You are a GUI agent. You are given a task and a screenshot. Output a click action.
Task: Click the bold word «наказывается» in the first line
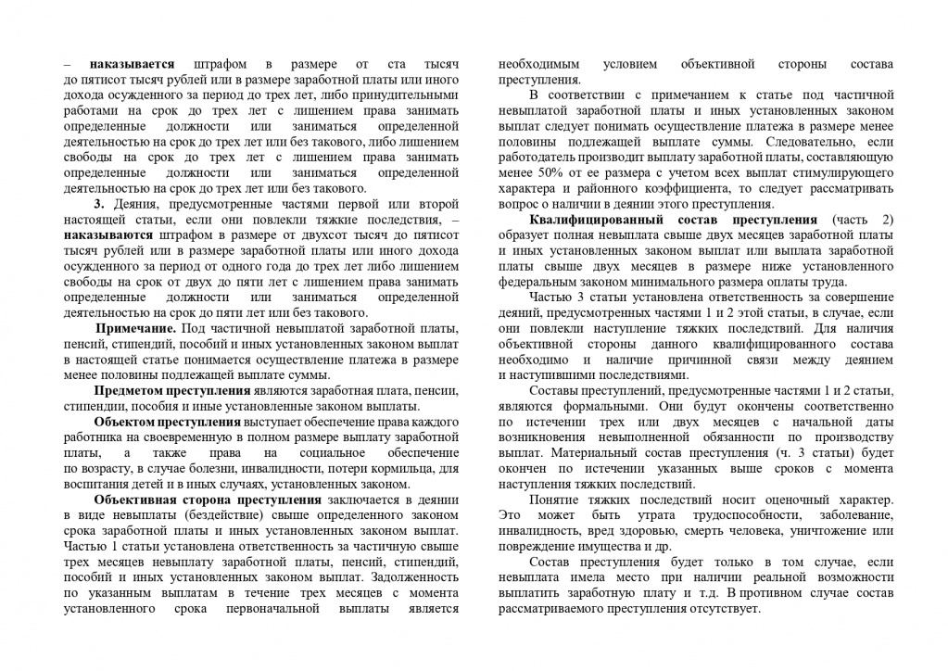(x=133, y=66)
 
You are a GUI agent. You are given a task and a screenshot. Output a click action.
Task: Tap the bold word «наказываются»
(x=108, y=235)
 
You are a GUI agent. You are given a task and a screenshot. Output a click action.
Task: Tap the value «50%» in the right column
(x=546, y=173)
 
